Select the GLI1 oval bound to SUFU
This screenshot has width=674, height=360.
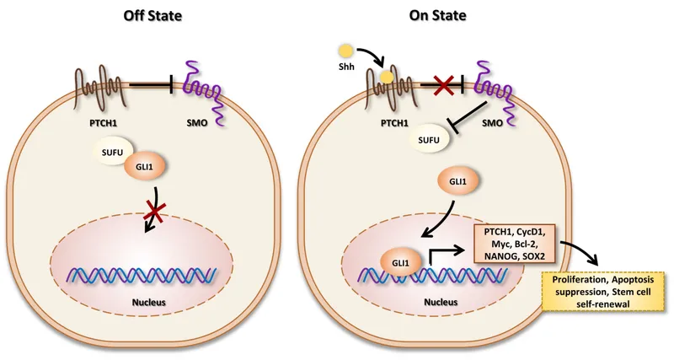click(143, 167)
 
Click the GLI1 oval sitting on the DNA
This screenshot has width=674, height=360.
click(400, 262)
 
